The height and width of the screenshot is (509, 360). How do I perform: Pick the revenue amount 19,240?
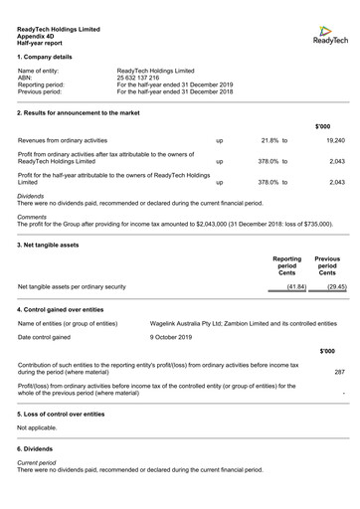click(x=336, y=141)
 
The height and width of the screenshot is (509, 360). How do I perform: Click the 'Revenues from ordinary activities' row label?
click(x=62, y=141)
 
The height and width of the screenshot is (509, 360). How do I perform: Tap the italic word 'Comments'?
click(x=32, y=217)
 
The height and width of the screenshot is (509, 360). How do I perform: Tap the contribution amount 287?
click(x=339, y=372)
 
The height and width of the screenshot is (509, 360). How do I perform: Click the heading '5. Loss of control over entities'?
click(x=61, y=414)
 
